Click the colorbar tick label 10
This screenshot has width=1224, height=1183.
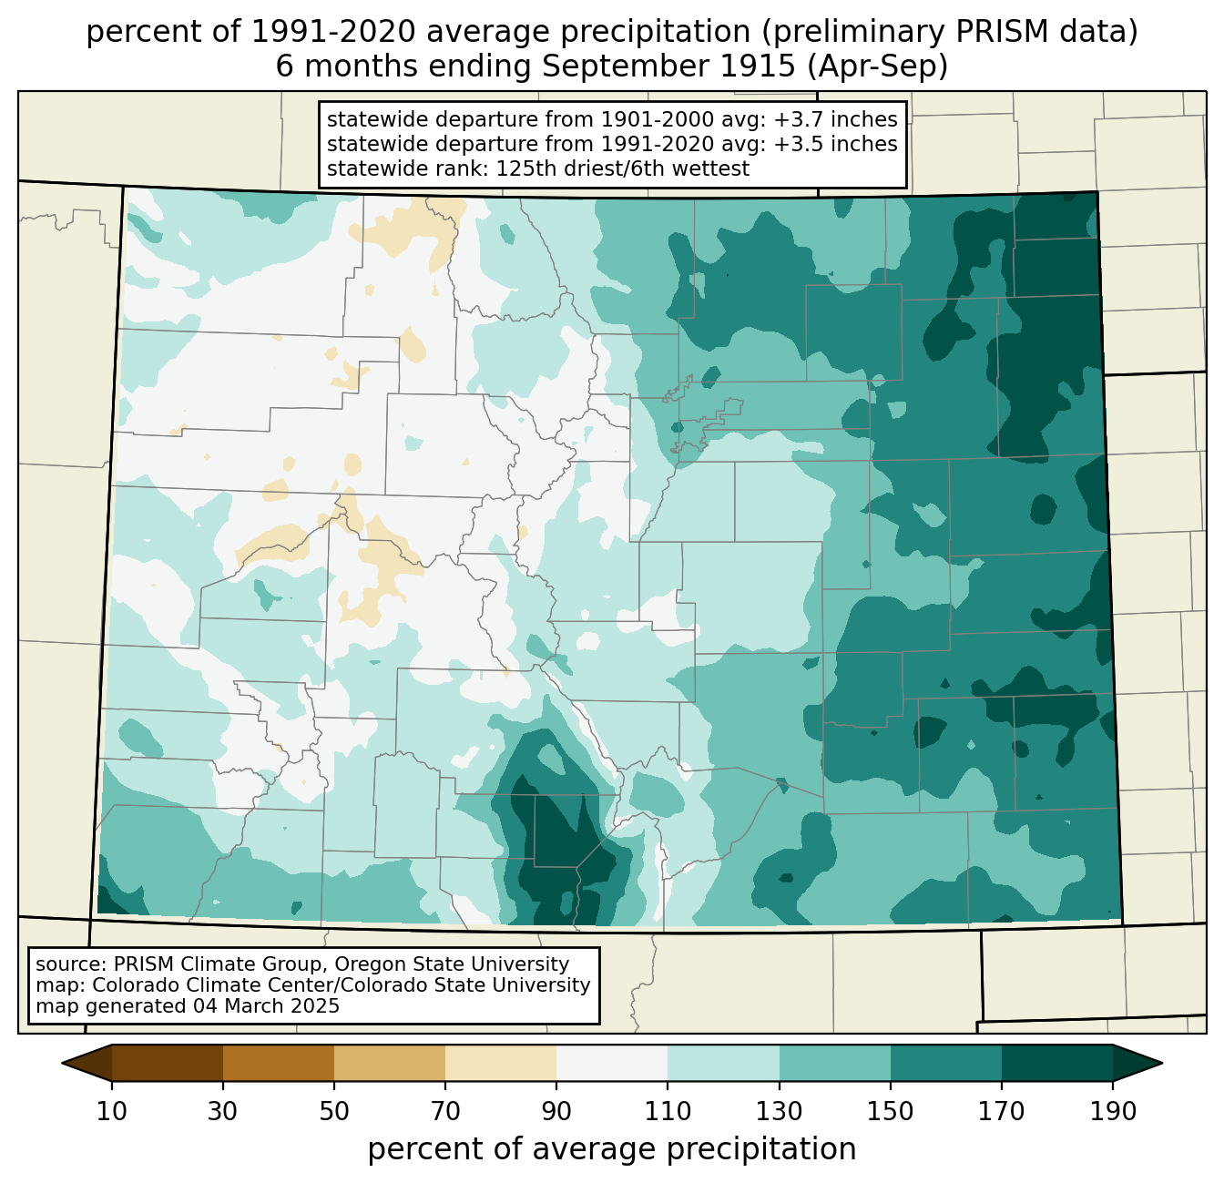pyautogui.click(x=111, y=1111)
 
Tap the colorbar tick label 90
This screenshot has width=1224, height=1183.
pyautogui.click(x=556, y=1111)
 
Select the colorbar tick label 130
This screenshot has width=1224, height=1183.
pyautogui.click(x=779, y=1111)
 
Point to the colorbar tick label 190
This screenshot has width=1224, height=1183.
pyautogui.click(x=1113, y=1111)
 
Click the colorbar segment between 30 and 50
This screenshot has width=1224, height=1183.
pyautogui.click(x=279, y=1063)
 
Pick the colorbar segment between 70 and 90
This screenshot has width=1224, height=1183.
pyautogui.click(x=501, y=1063)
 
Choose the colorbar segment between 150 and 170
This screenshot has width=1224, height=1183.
pyautogui.click(x=946, y=1063)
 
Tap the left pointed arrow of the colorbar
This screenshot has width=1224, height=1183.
pyautogui.click(x=87, y=1063)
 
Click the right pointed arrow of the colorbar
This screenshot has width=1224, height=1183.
pyautogui.click(x=1137, y=1063)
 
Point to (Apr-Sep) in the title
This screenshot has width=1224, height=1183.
pyautogui.click(x=877, y=66)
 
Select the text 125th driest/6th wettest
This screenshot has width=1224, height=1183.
pyautogui.click(x=622, y=168)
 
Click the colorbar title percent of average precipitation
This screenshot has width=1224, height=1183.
pyautogui.click(x=611, y=1148)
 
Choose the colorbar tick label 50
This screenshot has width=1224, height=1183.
pyautogui.click(x=334, y=1111)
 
